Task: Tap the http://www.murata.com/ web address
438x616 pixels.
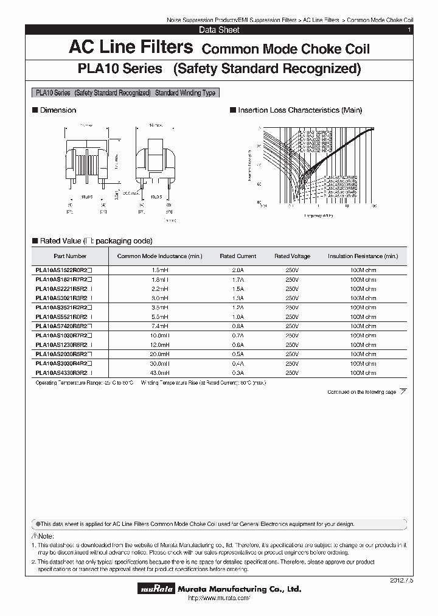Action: (x=219, y=599)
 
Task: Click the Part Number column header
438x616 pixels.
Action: (x=70, y=256)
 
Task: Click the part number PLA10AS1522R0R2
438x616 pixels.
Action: (x=63, y=270)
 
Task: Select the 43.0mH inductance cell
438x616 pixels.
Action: (x=159, y=373)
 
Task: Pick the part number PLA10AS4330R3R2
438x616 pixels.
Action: (x=63, y=373)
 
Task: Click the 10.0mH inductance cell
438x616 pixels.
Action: (x=159, y=335)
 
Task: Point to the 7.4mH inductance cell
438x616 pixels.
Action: (x=159, y=326)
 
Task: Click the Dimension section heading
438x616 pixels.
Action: (x=58, y=110)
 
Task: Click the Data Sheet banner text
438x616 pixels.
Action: (x=219, y=30)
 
